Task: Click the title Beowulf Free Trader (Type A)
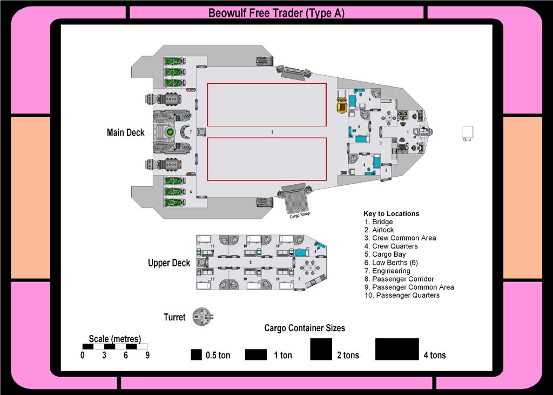tap(276, 13)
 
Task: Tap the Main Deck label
tap(126, 132)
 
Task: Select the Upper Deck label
tap(169, 263)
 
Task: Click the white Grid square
tap(467, 132)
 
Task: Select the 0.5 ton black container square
tap(196, 354)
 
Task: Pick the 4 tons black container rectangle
tap(397, 349)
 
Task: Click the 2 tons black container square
tap(321, 349)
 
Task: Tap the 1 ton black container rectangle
tap(256, 354)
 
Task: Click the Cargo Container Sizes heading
tap(304, 328)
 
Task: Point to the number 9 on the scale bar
tap(147, 356)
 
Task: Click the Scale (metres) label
tap(114, 339)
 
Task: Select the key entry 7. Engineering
tap(387, 271)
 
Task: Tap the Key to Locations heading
tap(391, 213)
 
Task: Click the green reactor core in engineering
tap(170, 131)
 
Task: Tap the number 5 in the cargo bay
tap(273, 132)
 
